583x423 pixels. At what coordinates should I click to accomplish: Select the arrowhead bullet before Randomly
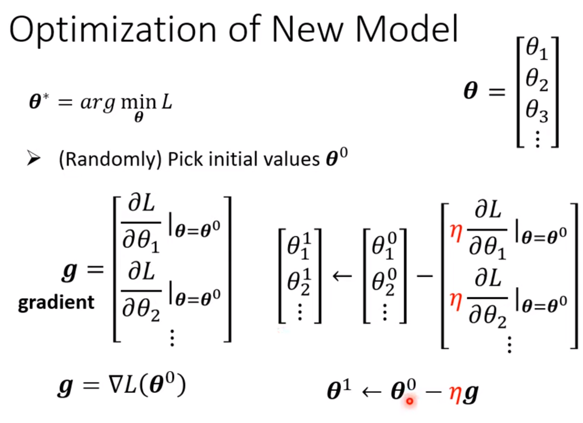(33, 159)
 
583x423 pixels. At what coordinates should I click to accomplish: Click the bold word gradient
(56, 303)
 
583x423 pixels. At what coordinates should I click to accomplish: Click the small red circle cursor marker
(409, 401)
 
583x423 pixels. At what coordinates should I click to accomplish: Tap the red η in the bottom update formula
(454, 393)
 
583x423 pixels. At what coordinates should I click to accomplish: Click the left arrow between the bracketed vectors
(343, 276)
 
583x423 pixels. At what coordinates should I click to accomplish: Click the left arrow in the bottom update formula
(371, 393)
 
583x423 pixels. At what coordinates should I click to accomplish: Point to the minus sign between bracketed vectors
(424, 276)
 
